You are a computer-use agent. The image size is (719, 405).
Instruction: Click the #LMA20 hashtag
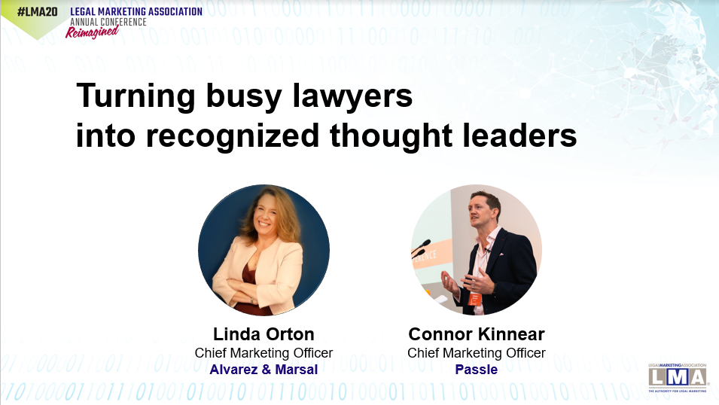pyautogui.click(x=37, y=11)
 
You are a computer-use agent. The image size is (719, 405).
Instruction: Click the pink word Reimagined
pyautogui.click(x=92, y=32)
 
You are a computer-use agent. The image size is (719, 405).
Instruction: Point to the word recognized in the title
pyautogui.click(x=232, y=136)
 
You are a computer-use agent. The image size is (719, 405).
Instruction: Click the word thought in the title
pyautogui.click(x=391, y=136)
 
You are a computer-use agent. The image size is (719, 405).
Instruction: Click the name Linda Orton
pyautogui.click(x=264, y=334)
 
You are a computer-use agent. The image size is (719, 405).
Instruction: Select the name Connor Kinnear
pyautogui.click(x=477, y=334)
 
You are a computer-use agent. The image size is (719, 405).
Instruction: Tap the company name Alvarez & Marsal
pyautogui.click(x=264, y=369)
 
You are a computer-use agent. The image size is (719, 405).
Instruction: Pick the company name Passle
pyautogui.click(x=477, y=369)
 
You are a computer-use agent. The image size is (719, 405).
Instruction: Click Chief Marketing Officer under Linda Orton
pyautogui.click(x=264, y=353)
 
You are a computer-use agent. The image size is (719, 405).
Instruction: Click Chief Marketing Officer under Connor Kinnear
pyautogui.click(x=477, y=353)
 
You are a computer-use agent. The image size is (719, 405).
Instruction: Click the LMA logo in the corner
pyautogui.click(x=678, y=378)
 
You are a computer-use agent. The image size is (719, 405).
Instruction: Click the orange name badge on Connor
pyautogui.click(x=474, y=299)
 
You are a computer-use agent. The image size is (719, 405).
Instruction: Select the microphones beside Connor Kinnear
pyautogui.click(x=421, y=248)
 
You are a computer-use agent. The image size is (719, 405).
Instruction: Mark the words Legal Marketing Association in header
pyautogui.click(x=136, y=11)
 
